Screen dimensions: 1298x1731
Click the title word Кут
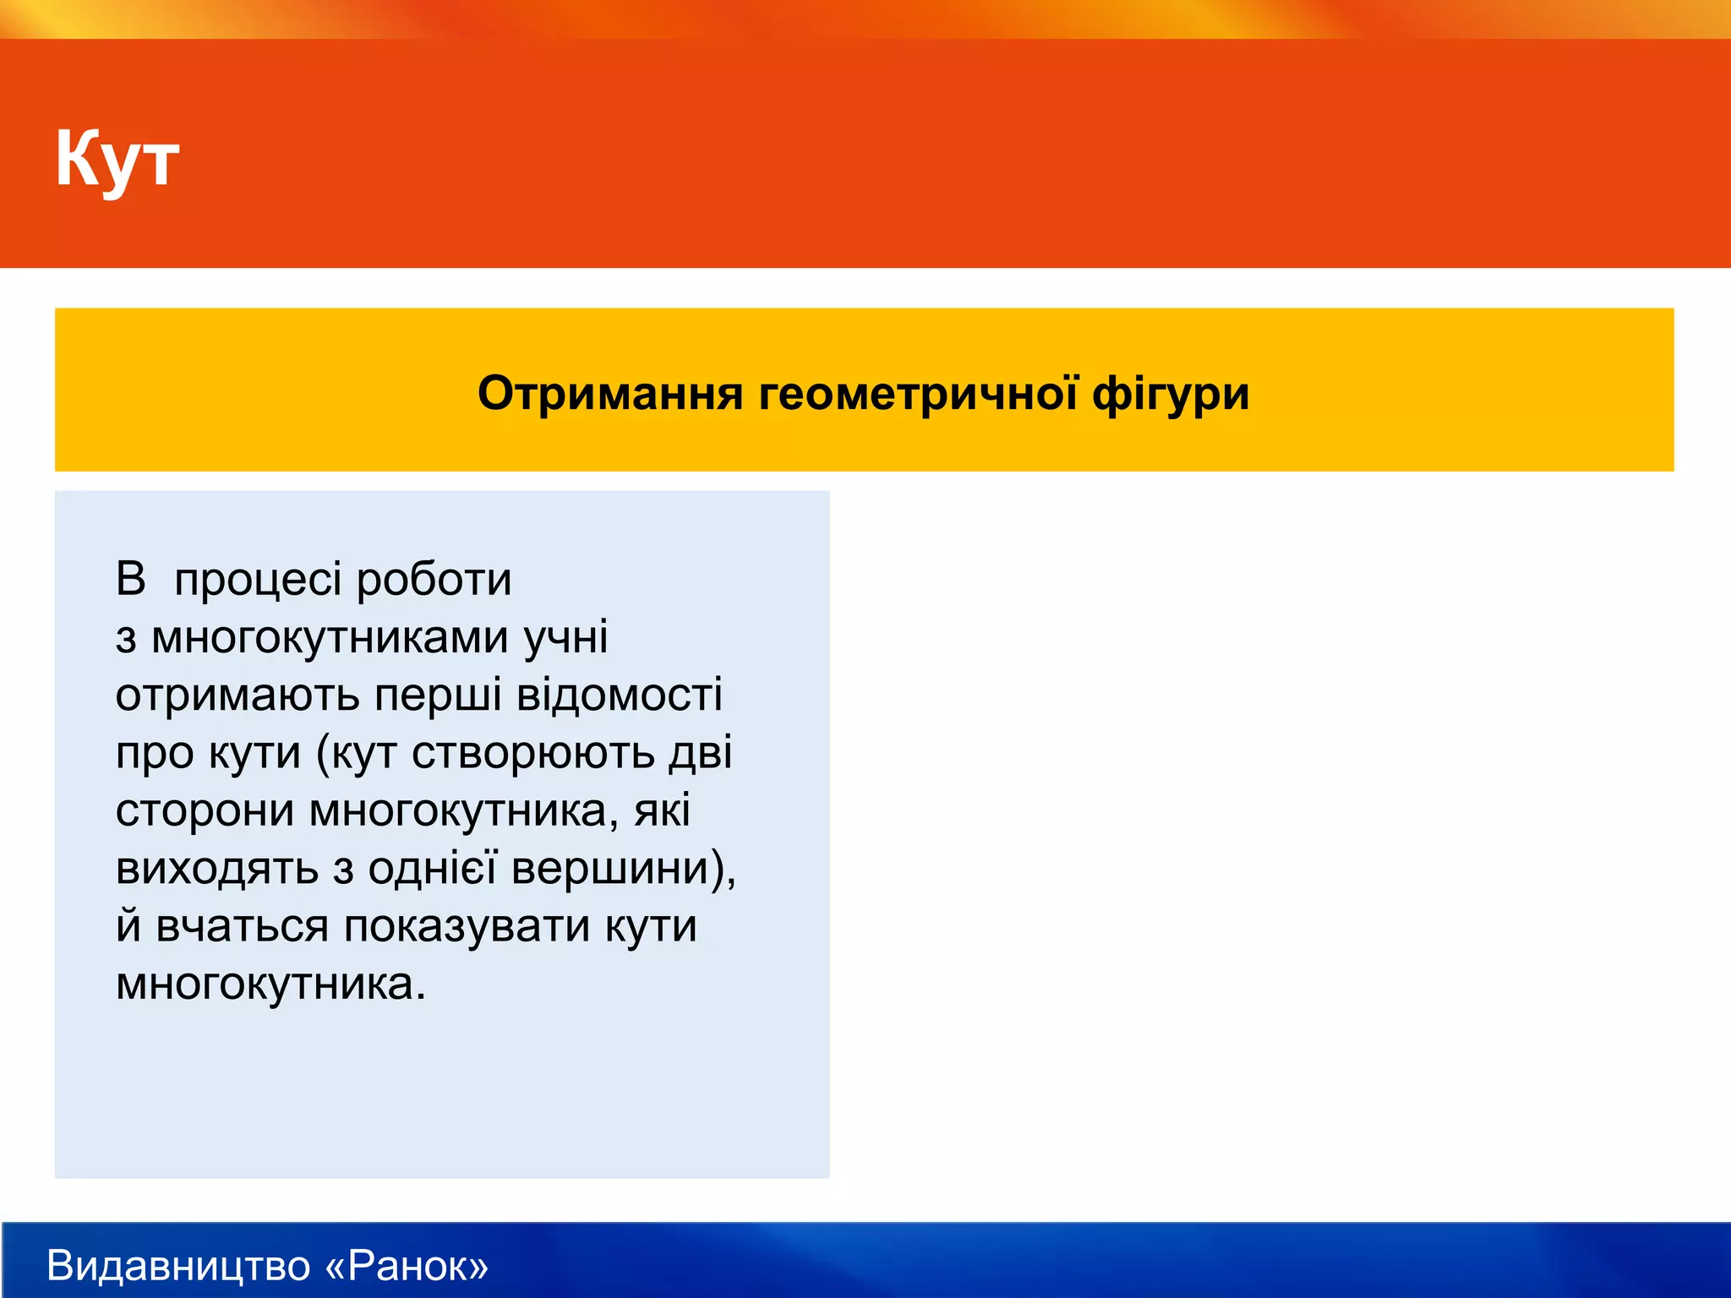117,159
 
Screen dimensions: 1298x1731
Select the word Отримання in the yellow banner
609,394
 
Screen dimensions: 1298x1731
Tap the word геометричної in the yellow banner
918,394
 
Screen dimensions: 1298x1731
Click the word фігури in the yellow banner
1171,394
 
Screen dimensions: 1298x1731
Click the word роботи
434,580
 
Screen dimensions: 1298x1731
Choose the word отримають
238,696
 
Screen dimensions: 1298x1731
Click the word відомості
619,695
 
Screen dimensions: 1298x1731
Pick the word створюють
532,753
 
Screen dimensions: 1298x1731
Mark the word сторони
205,811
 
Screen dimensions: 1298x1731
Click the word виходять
216,870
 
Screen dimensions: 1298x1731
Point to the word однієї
431,868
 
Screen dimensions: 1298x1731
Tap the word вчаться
243,926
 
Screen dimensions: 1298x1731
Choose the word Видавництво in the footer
178,1265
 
